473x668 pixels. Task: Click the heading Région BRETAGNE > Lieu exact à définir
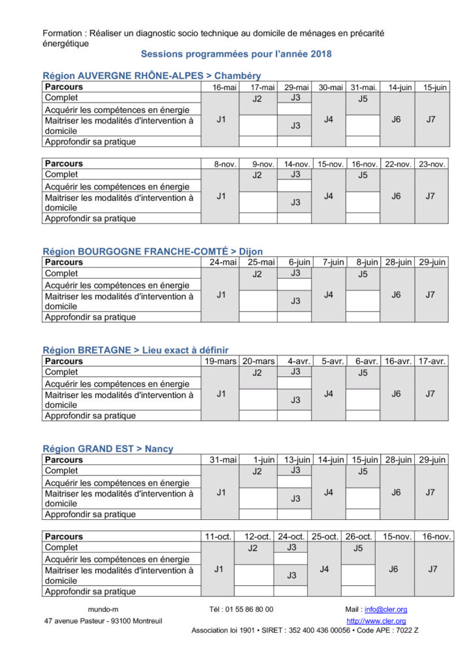point(135,350)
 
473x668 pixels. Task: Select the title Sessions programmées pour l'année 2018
point(236,54)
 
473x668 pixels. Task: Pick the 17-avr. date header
point(431,361)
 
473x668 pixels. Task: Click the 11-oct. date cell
point(218,537)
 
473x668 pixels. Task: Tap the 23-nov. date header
point(431,164)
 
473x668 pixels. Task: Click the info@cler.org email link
point(385,609)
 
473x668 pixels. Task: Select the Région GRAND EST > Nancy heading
point(108,449)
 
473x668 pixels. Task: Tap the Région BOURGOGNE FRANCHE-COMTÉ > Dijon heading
point(152,251)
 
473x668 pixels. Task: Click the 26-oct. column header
point(358,537)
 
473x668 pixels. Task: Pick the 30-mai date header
point(331,87)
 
